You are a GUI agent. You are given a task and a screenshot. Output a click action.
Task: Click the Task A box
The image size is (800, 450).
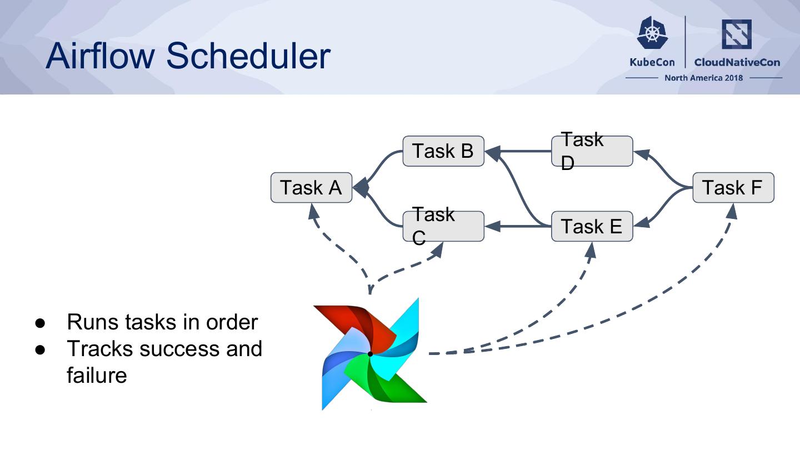click(x=311, y=188)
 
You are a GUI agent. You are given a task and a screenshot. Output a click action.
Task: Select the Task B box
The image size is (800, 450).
click(x=443, y=151)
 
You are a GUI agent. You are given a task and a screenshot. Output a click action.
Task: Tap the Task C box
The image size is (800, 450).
click(x=443, y=226)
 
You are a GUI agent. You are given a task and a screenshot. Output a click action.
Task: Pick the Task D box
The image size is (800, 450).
click(x=592, y=151)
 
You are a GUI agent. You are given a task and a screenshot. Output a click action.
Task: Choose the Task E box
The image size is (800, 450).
click(x=592, y=226)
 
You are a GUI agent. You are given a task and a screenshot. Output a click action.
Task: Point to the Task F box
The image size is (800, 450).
click(x=733, y=188)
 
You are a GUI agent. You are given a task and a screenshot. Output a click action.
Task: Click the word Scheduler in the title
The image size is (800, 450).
click(x=248, y=56)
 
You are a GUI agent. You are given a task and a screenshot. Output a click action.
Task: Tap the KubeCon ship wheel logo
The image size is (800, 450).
click(x=653, y=33)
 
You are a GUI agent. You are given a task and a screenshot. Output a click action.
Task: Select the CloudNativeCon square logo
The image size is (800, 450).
click(x=736, y=34)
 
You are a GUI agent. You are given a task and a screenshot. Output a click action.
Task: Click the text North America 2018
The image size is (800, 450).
click(x=703, y=78)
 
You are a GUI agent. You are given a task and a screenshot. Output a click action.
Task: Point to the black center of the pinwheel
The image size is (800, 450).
click(x=370, y=353)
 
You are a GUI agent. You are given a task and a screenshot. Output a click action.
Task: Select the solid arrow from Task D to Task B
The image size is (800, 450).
click(x=519, y=151)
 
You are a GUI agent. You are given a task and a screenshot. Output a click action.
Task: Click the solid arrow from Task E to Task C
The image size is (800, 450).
click(x=519, y=226)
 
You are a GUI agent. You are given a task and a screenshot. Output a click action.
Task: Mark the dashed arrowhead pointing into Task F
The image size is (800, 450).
click(x=732, y=211)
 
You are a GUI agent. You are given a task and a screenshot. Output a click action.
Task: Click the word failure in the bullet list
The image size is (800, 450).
click(x=97, y=375)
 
